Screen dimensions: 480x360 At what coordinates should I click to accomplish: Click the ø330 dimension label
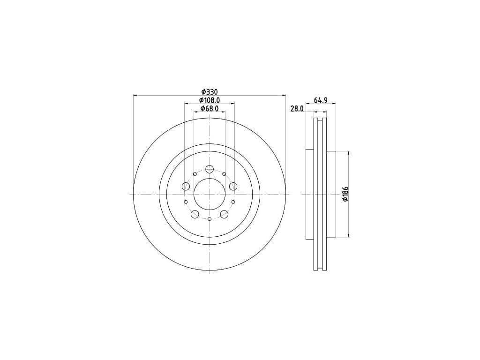click(x=209, y=91)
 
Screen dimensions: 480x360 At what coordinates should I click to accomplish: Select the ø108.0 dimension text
click(x=210, y=100)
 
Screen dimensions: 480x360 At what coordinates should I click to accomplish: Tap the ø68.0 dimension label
click(x=210, y=108)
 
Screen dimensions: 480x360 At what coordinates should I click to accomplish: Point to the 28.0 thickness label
click(x=297, y=108)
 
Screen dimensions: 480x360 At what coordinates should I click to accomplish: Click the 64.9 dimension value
click(x=321, y=100)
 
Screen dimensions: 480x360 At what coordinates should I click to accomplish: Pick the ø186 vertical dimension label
click(x=345, y=194)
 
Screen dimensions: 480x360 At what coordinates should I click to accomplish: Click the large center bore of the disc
click(x=210, y=194)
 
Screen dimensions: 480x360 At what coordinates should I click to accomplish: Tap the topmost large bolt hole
click(x=210, y=169)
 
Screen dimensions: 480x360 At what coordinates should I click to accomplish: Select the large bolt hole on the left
click(x=186, y=186)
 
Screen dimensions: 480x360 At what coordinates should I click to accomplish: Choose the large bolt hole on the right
click(x=233, y=186)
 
